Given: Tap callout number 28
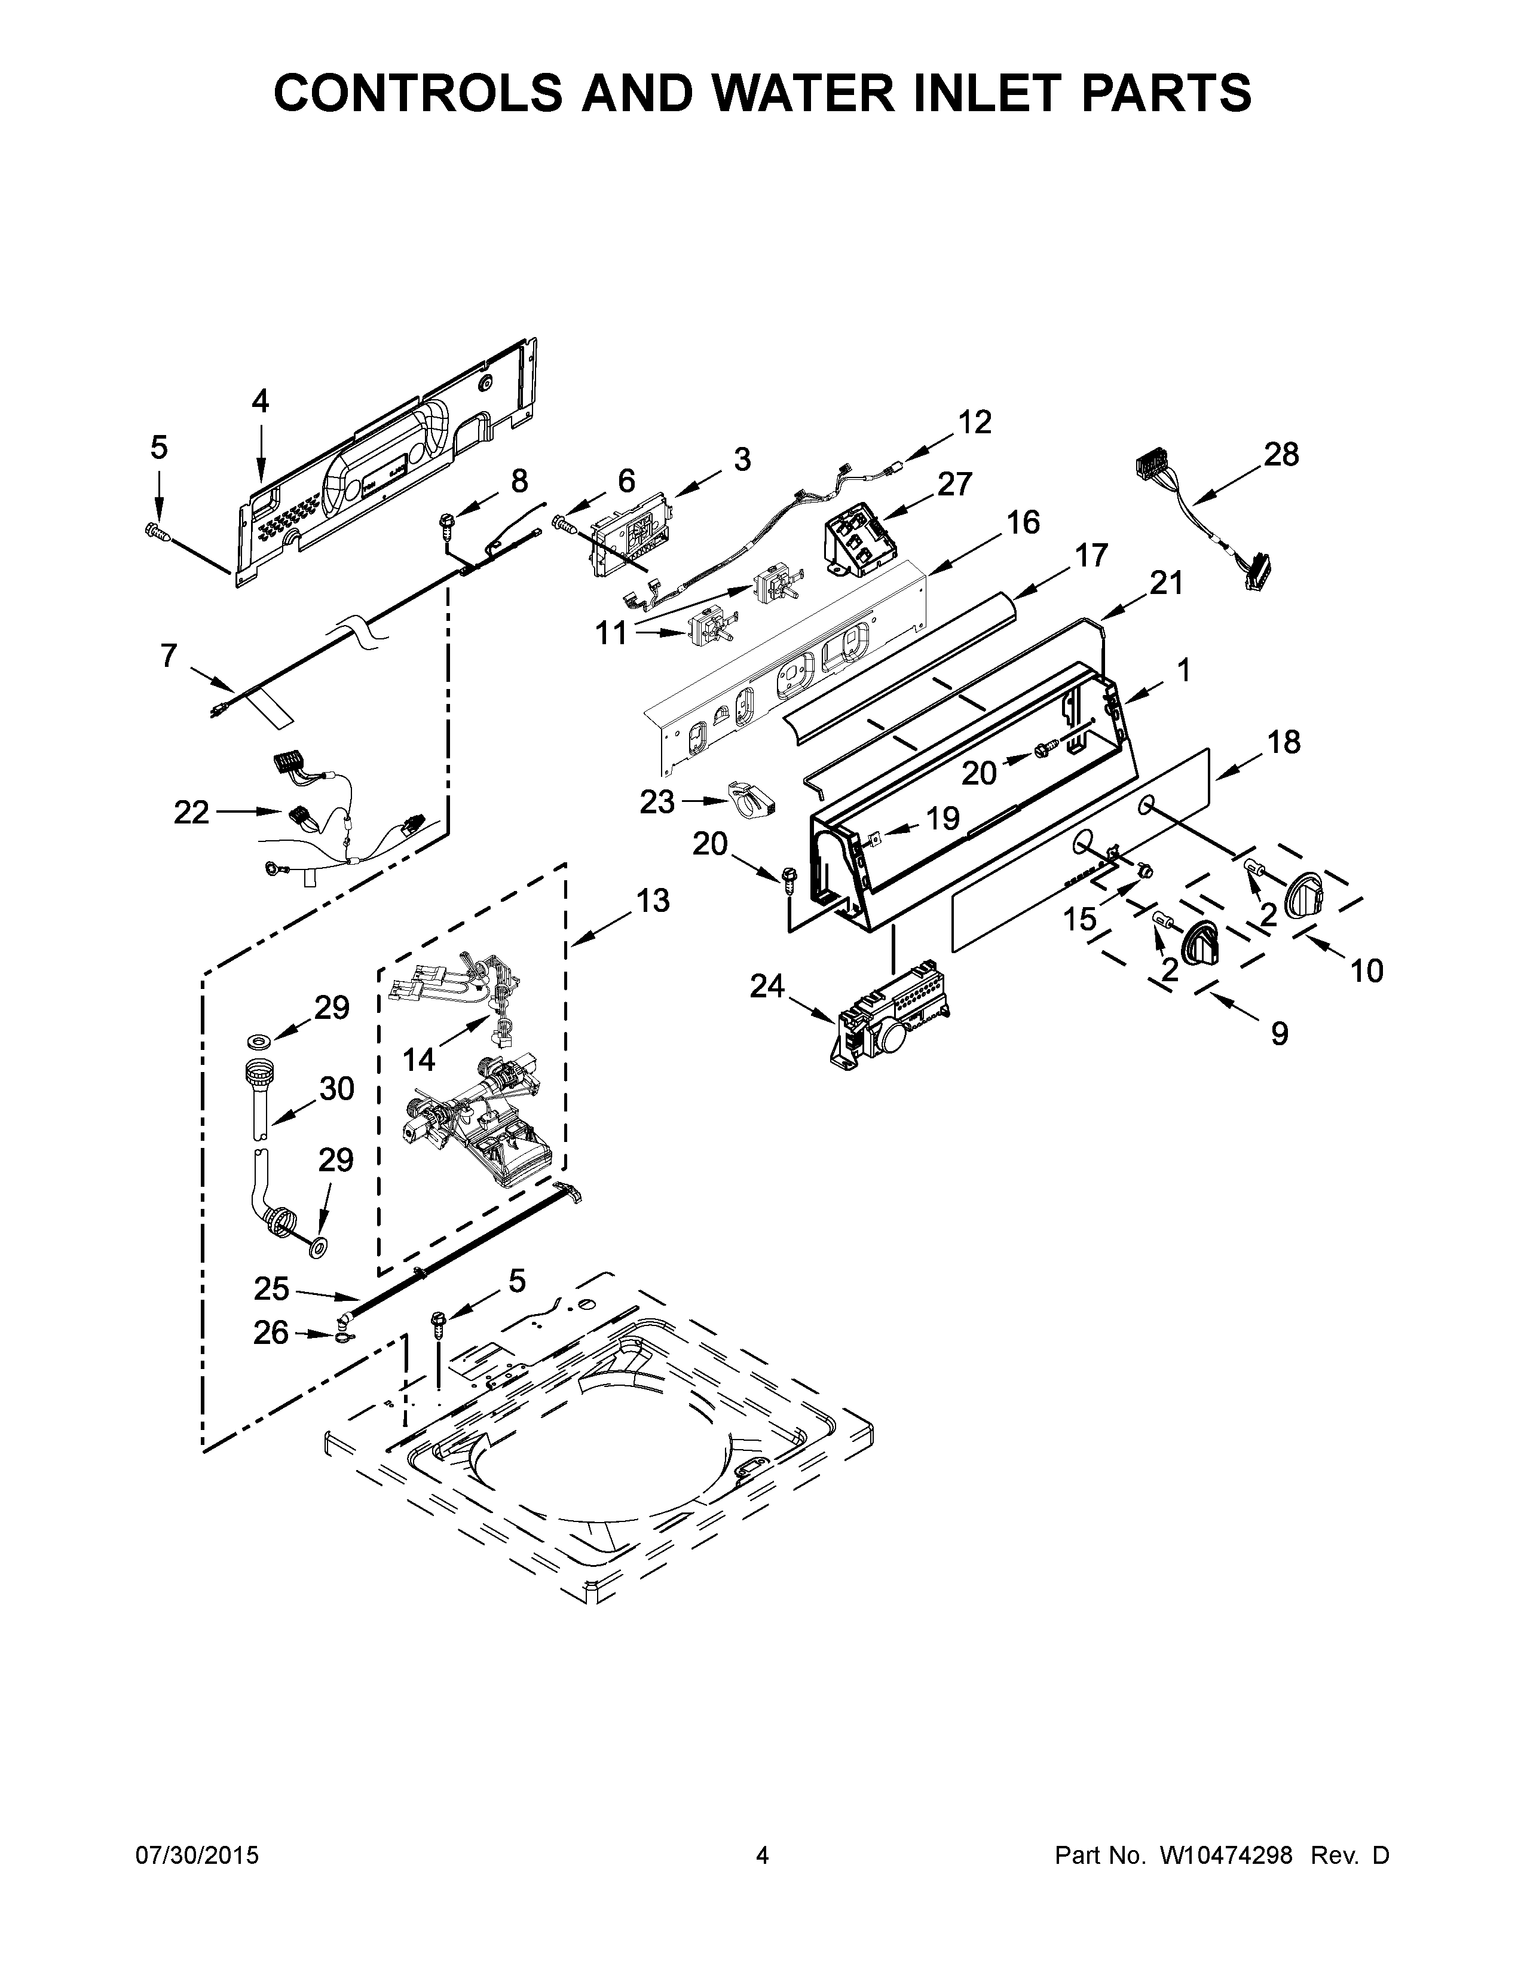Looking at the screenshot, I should pos(1280,454).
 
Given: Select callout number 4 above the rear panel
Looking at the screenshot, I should pos(260,401).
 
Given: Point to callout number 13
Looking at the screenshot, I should pos(652,900).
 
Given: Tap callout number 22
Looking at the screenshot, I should pos(191,813).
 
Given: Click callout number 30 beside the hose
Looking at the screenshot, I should pos(336,1089).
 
